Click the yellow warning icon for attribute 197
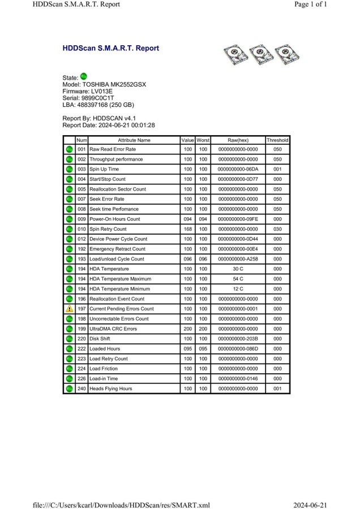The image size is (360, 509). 69,309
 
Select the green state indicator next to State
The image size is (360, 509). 84,76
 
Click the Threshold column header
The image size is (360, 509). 277,140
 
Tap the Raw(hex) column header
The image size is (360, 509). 238,140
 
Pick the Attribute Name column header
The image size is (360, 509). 134,140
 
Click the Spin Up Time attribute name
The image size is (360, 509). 105,169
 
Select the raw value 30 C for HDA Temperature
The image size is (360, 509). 238,269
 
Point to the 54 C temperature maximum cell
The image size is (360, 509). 238,279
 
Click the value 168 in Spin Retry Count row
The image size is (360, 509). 187,229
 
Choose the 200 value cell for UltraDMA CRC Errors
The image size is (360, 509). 187,329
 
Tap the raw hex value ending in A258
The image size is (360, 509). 238,259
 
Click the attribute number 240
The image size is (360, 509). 82,389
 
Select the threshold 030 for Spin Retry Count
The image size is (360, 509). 277,229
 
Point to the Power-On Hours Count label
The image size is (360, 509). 115,219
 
